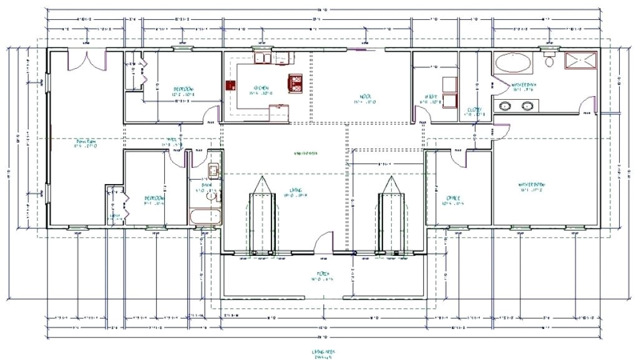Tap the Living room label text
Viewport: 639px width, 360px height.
(295, 190)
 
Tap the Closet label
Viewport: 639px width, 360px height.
(474, 110)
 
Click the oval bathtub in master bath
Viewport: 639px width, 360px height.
(514, 63)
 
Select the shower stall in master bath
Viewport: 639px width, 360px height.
(580, 61)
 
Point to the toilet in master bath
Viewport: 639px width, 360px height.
(549, 61)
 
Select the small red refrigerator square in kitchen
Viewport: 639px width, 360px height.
(228, 85)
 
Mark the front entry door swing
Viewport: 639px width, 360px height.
(324, 242)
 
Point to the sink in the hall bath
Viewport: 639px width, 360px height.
(213, 170)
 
